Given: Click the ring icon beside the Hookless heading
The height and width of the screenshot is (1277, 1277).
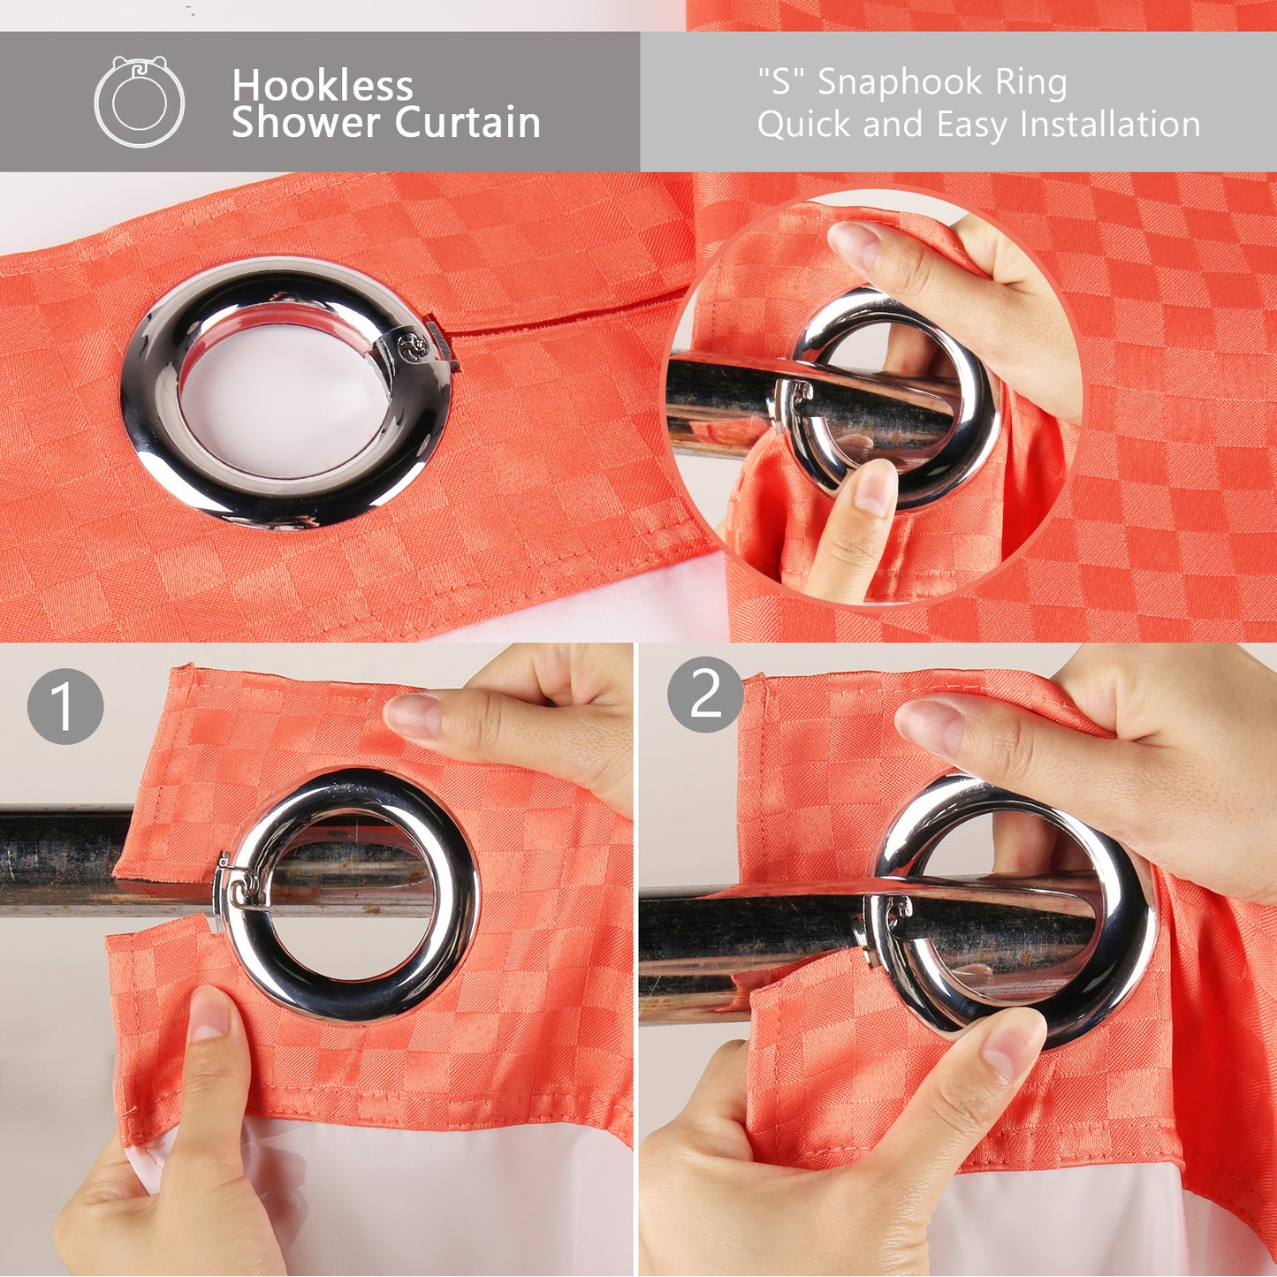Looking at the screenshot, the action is pos(139,102).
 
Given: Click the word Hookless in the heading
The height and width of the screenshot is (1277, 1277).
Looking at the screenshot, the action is pos(322,86).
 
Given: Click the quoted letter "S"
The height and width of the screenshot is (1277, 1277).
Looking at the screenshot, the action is pos(782,81).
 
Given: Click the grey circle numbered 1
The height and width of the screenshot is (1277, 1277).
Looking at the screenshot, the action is pos(65,706).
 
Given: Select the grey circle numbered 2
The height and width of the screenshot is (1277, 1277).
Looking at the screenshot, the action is pos(705,696).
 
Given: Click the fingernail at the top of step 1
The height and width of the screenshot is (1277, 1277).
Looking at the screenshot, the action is pos(413,714).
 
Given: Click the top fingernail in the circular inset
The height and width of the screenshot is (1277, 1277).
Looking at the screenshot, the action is pos(855,243).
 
